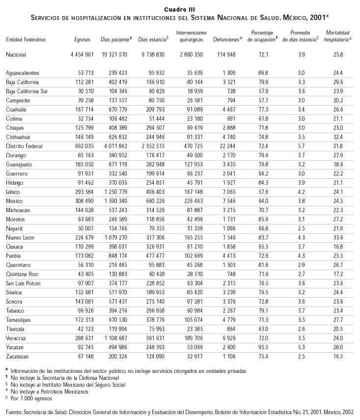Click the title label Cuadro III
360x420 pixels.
(x=180, y=9)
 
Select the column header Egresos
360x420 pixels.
(x=82, y=38)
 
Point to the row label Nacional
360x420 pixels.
(x=16, y=55)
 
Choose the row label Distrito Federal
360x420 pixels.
(x=24, y=146)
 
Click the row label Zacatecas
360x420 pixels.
(x=18, y=356)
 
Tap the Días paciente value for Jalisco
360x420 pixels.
(x=113, y=192)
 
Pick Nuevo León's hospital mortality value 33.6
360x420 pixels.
(x=337, y=238)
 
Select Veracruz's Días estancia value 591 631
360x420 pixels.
(x=151, y=338)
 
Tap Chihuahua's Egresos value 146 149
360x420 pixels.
(x=83, y=137)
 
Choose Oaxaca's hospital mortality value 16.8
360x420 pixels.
(x=337, y=247)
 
